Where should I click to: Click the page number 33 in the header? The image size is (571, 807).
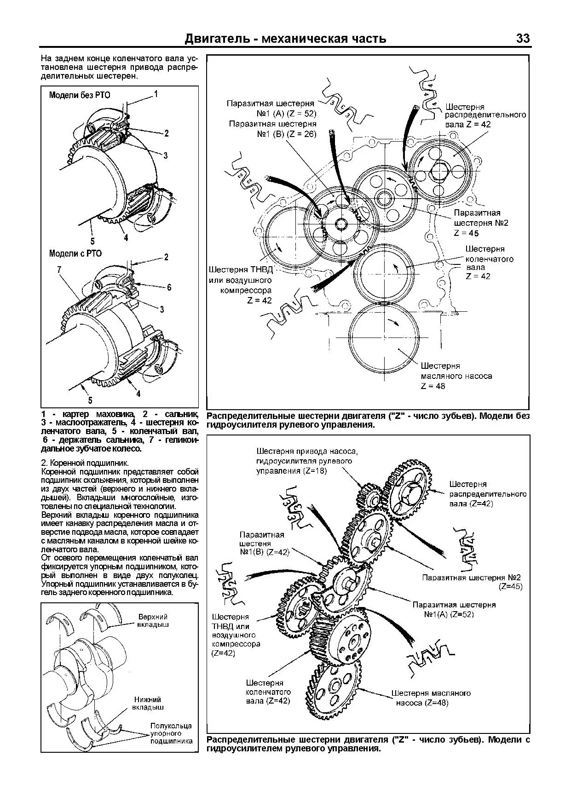point(523,39)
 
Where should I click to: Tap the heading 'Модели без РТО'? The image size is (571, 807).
point(80,96)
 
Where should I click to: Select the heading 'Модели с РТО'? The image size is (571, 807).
point(75,253)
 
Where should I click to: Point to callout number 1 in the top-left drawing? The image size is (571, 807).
point(156,94)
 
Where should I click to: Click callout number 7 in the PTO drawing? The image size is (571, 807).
point(59,270)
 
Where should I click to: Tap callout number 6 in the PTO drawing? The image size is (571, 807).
point(169,287)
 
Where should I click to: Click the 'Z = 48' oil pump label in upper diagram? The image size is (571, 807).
point(433,386)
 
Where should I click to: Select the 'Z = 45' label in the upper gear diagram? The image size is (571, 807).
point(466,233)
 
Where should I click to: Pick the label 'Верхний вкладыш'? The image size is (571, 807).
point(153,620)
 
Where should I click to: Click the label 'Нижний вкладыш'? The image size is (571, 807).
point(149,703)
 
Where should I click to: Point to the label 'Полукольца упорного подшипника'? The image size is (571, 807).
point(171,733)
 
